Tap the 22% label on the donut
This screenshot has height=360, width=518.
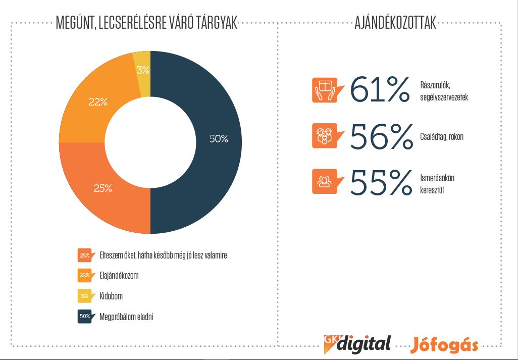point(98,101)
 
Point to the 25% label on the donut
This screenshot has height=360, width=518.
point(102,189)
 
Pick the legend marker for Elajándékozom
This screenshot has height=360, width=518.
point(85,276)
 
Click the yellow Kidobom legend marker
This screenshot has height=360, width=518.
point(85,296)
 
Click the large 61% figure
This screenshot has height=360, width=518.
point(380,91)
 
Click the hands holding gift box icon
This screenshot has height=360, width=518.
point(324,90)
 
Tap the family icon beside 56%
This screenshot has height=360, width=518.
point(324,136)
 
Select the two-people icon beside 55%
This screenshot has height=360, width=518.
point(324,181)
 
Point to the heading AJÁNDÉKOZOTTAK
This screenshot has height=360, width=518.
point(395,23)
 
